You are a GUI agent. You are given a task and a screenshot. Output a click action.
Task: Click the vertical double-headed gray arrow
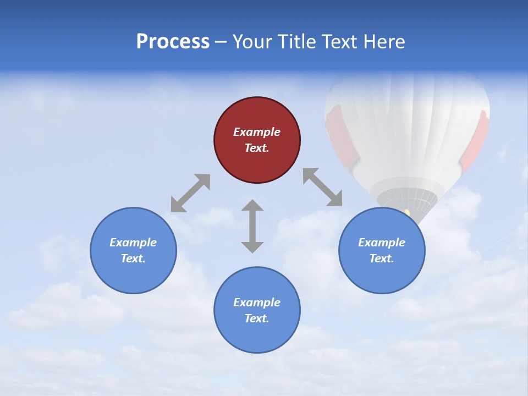click(252, 226)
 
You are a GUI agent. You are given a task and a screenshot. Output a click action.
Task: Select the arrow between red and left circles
click(190, 193)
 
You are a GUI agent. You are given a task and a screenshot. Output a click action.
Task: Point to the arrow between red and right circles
click(322, 187)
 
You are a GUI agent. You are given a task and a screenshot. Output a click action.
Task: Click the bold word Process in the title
click(173, 42)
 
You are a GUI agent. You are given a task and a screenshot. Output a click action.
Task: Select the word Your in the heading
click(254, 42)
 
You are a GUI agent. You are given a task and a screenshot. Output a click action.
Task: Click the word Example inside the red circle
click(257, 132)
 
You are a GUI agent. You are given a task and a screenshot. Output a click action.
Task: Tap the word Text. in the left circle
click(133, 258)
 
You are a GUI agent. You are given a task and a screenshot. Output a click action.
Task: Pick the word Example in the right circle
click(382, 243)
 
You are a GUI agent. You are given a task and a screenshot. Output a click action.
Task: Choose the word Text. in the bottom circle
click(257, 318)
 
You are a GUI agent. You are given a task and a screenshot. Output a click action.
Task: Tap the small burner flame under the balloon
click(407, 212)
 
